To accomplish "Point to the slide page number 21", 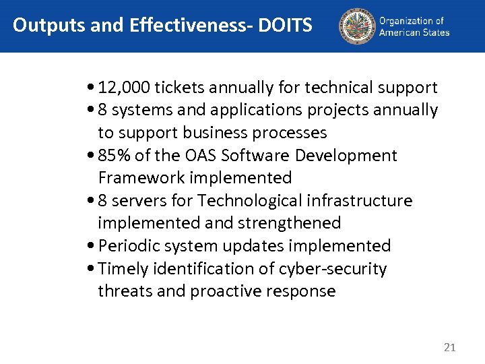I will [450, 348].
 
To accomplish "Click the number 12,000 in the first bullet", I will [124, 88].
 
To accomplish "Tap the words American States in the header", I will [414, 32].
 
